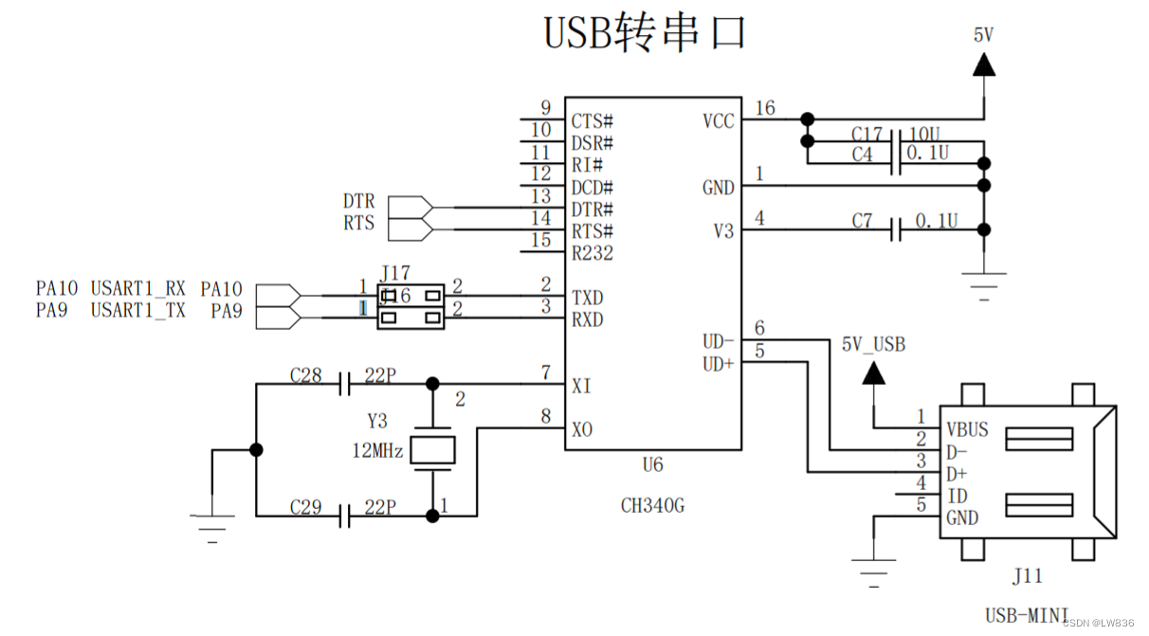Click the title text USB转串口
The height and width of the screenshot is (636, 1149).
(x=645, y=32)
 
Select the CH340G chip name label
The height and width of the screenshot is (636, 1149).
(x=652, y=505)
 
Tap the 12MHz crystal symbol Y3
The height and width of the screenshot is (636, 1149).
(x=433, y=450)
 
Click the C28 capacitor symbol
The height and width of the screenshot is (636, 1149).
(x=345, y=384)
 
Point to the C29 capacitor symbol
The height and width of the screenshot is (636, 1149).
(x=345, y=516)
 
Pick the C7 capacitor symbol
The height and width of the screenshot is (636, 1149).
(x=896, y=229)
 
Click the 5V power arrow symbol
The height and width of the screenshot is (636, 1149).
(x=984, y=64)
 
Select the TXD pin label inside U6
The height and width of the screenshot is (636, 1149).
(x=588, y=298)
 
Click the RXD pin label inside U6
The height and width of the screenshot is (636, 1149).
(x=588, y=319)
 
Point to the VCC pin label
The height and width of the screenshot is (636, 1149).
(x=718, y=121)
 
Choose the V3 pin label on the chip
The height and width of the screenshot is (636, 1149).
(x=723, y=231)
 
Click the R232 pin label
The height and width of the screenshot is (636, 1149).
(x=592, y=253)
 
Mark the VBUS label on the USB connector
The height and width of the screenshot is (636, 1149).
(x=967, y=429)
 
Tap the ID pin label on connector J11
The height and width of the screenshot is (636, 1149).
(x=957, y=496)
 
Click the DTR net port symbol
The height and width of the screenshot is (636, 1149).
(x=410, y=207)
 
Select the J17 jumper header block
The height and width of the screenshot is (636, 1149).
(x=410, y=307)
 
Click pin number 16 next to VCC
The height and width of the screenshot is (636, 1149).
(x=764, y=108)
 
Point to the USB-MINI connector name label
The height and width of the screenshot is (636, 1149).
(x=1028, y=614)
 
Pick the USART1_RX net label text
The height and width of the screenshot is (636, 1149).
(x=138, y=288)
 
